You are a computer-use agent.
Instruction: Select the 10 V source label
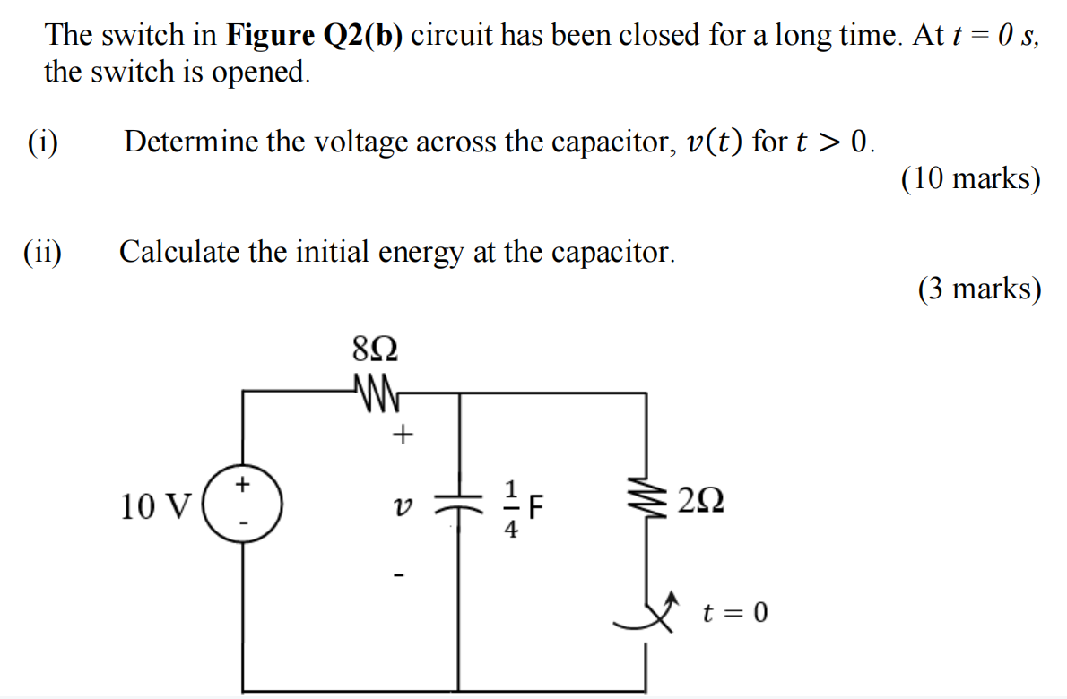click(x=156, y=507)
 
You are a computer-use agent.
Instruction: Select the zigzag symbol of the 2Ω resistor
click(x=646, y=502)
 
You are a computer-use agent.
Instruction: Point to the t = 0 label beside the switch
click(x=735, y=614)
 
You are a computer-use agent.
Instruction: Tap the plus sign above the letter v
click(x=403, y=436)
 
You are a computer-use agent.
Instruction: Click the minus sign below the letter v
click(x=403, y=574)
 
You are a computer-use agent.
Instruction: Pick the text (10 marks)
click(x=971, y=179)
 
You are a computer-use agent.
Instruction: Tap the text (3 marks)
click(x=979, y=289)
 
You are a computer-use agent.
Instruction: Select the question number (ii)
click(x=43, y=252)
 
